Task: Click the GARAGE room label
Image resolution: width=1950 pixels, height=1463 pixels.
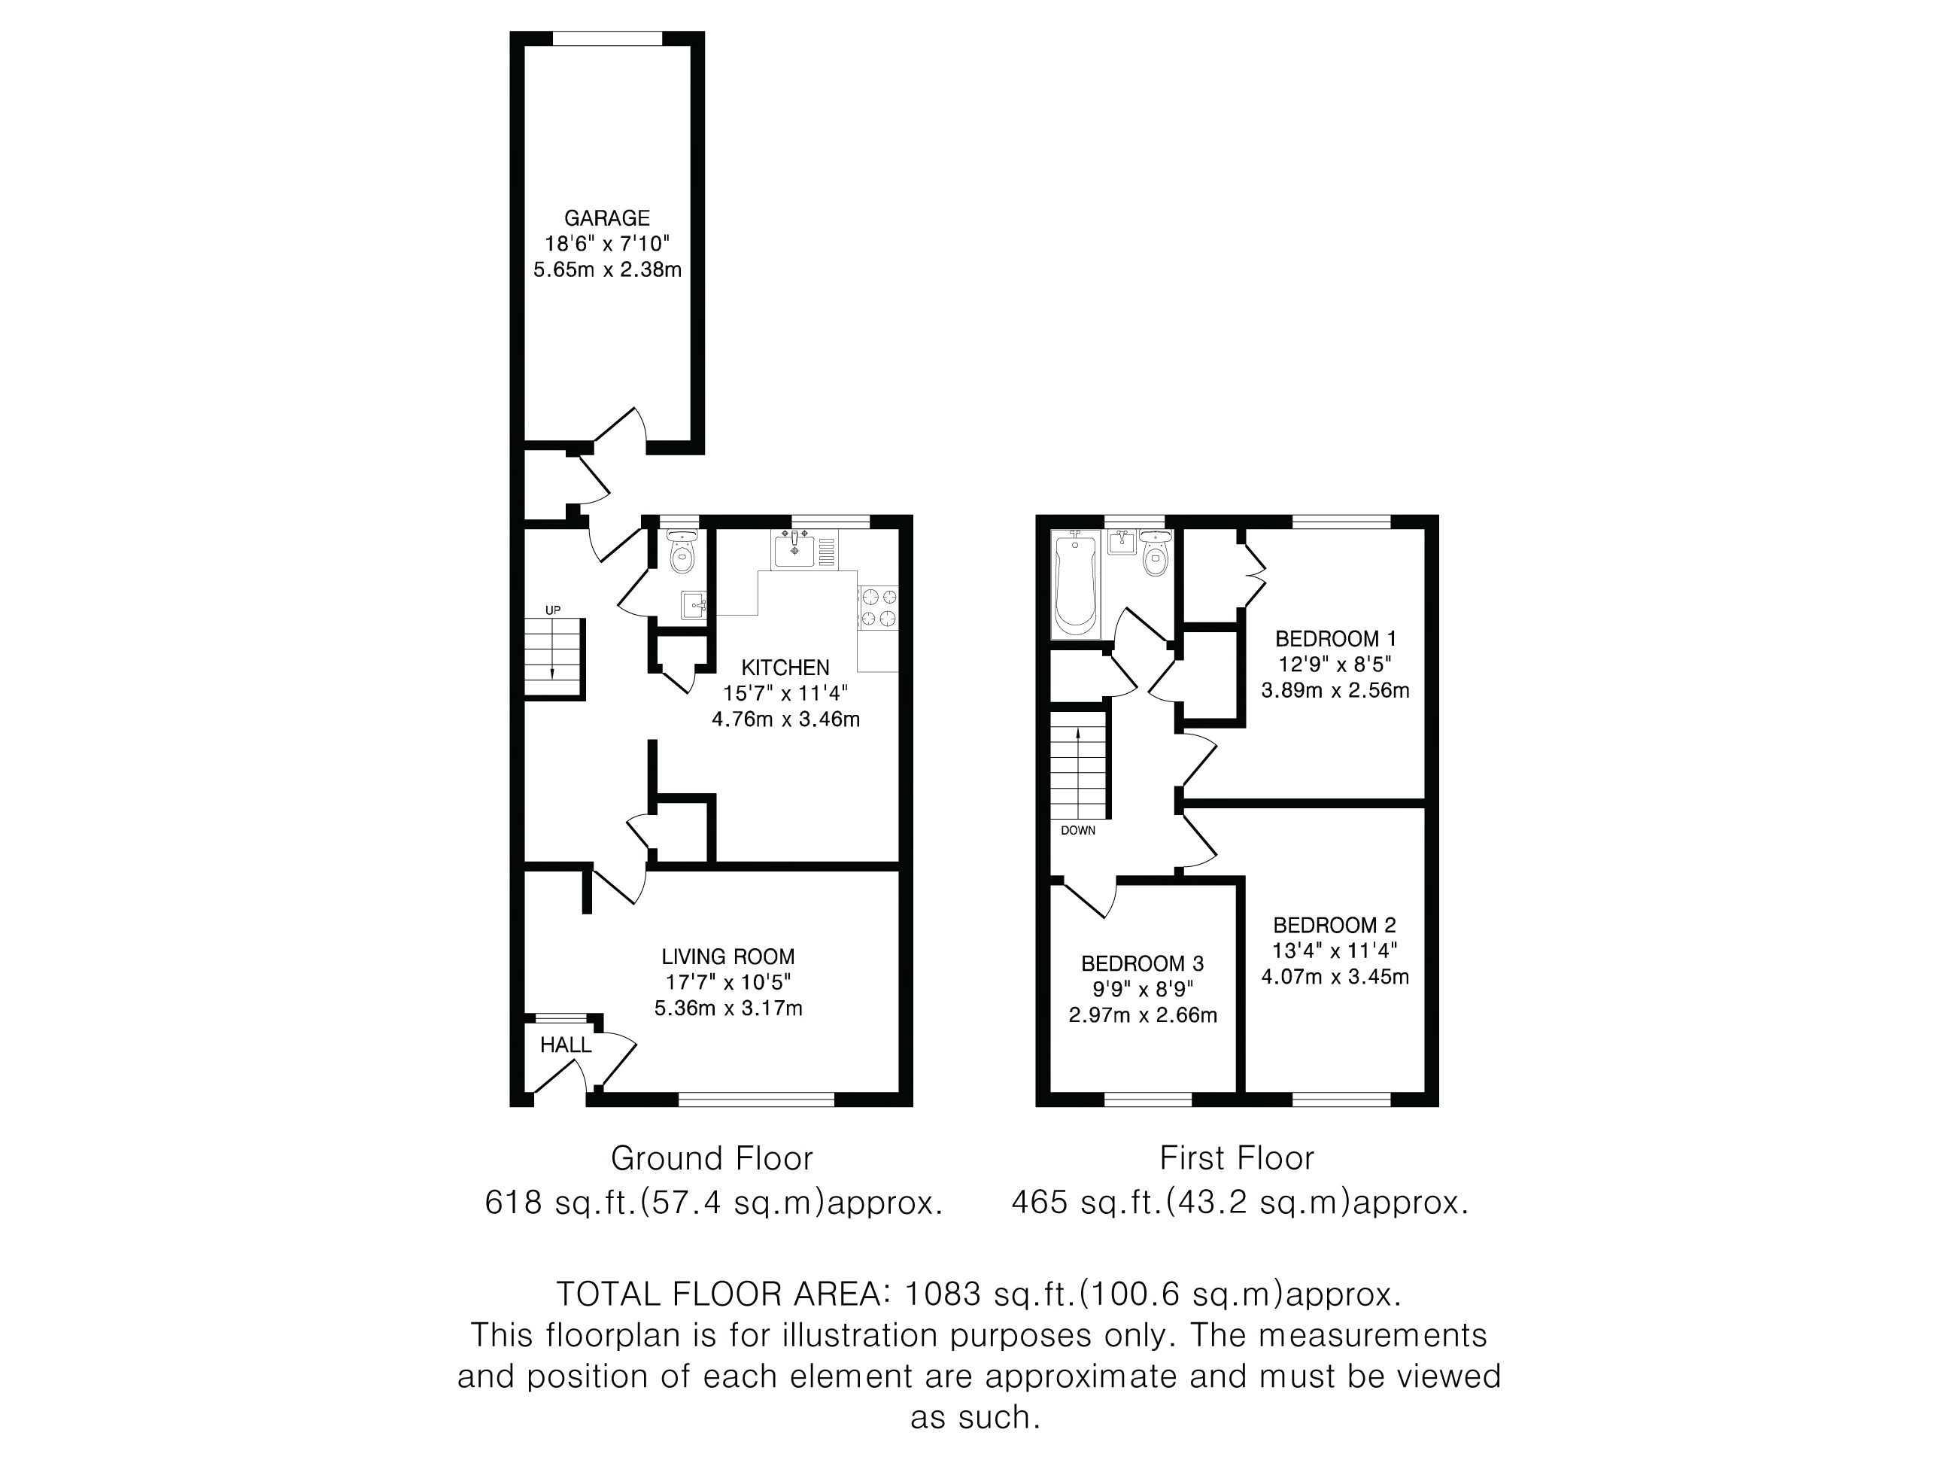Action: pos(606,217)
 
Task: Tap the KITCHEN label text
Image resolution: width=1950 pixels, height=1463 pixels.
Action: pos(785,668)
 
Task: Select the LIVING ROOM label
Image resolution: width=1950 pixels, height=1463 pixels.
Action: pos(728,957)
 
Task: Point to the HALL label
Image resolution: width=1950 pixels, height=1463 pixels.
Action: pos(565,1045)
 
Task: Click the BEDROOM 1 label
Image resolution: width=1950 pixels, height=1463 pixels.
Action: pos(1335,638)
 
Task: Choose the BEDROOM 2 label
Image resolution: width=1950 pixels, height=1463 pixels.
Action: pos(1335,925)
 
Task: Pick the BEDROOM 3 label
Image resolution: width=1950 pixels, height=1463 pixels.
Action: pos(1143,964)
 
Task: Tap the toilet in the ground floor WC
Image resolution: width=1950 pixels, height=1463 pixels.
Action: pos(682,550)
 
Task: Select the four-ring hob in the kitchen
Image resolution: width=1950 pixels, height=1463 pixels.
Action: pos(878,607)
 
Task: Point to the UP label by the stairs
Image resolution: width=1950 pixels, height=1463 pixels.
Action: pos(553,610)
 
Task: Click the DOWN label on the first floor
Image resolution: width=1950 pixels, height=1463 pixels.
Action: pos(1078,831)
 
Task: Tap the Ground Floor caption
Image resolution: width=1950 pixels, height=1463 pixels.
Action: pos(712,1158)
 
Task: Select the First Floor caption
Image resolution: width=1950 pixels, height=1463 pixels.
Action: pos(1237,1158)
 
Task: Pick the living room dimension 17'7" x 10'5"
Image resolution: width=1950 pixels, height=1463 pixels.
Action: pos(728,982)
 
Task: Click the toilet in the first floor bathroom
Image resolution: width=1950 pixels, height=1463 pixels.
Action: pos(1155,553)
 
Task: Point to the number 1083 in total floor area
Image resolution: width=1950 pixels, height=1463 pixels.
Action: pos(943,1294)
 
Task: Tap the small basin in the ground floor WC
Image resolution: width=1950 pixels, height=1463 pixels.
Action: pos(693,605)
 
